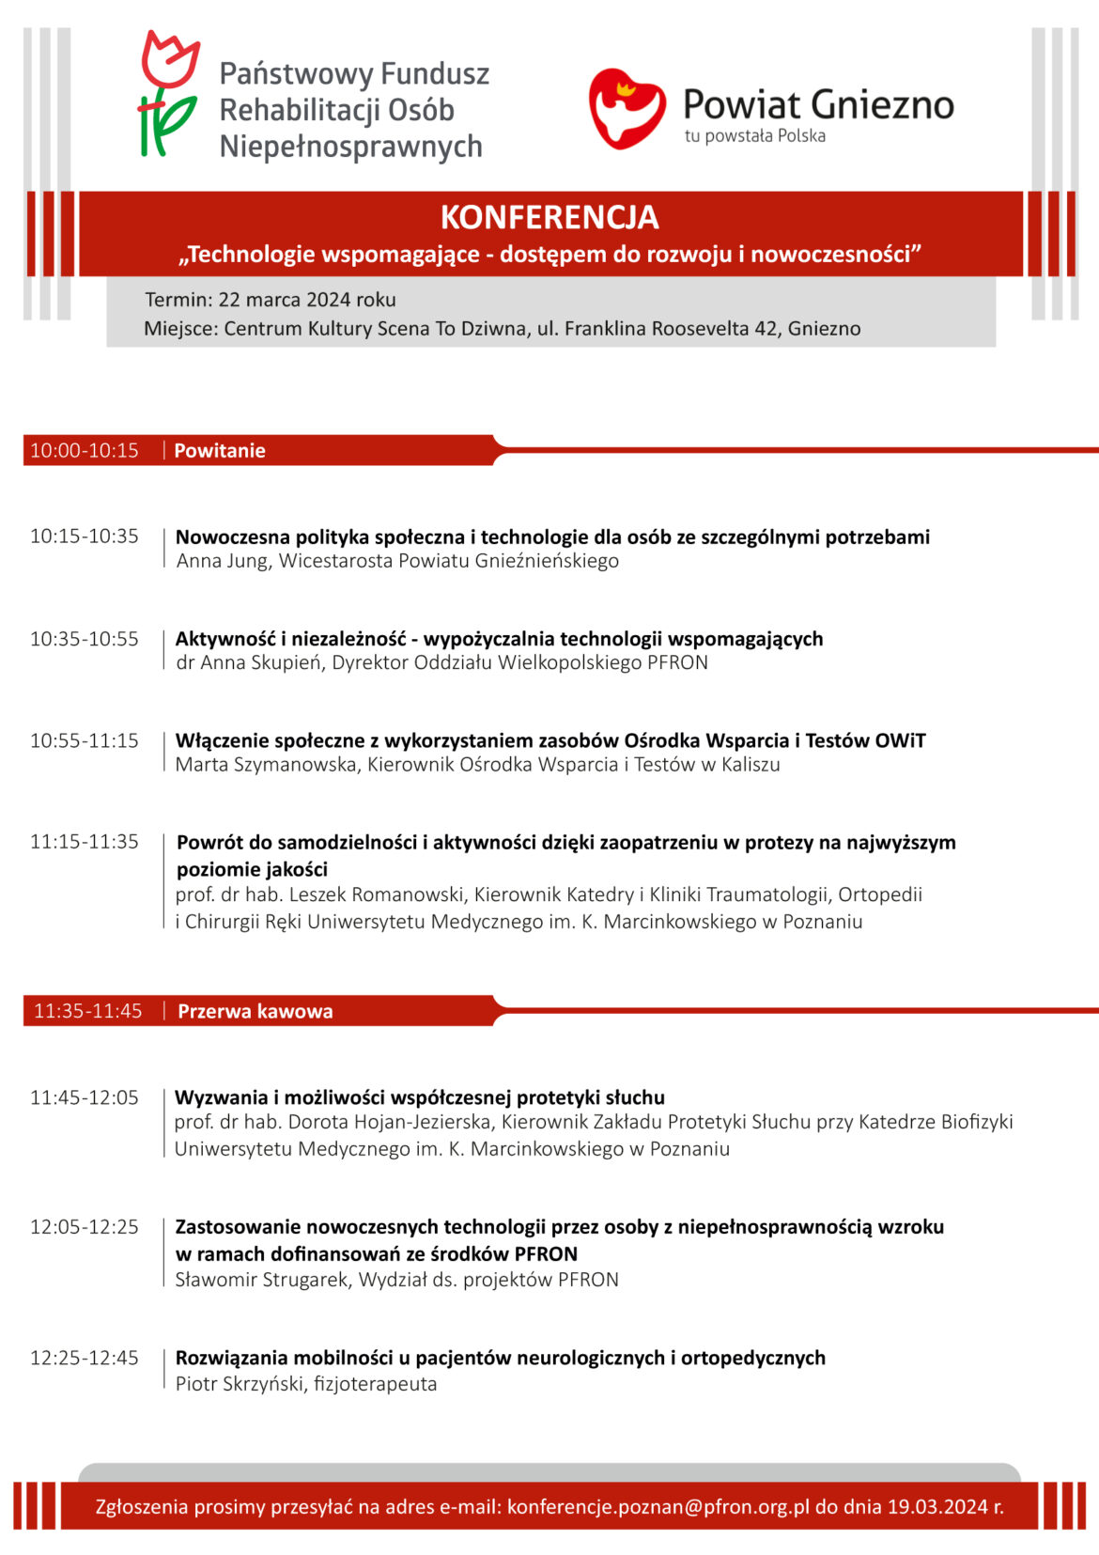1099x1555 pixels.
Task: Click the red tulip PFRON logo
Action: pos(169,94)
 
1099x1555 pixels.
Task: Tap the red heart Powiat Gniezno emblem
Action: pos(627,108)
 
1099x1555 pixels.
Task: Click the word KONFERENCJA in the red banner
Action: pos(549,217)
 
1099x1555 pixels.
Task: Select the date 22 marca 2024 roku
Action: pos(307,300)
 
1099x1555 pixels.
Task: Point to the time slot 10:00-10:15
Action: pos(85,451)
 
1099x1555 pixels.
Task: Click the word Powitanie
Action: pos(220,451)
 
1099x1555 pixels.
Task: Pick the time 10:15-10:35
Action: pos(85,536)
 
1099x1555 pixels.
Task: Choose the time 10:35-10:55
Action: pos(85,639)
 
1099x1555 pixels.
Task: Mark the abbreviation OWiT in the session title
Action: pos(900,740)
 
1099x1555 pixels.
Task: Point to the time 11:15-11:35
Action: pos(85,842)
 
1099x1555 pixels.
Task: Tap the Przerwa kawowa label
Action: pos(255,1012)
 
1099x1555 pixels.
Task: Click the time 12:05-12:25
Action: pos(85,1227)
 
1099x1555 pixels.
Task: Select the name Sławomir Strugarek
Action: pos(261,1280)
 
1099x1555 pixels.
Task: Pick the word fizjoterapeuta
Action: pos(376,1384)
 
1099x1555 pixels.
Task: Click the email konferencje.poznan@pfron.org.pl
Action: pos(658,1507)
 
